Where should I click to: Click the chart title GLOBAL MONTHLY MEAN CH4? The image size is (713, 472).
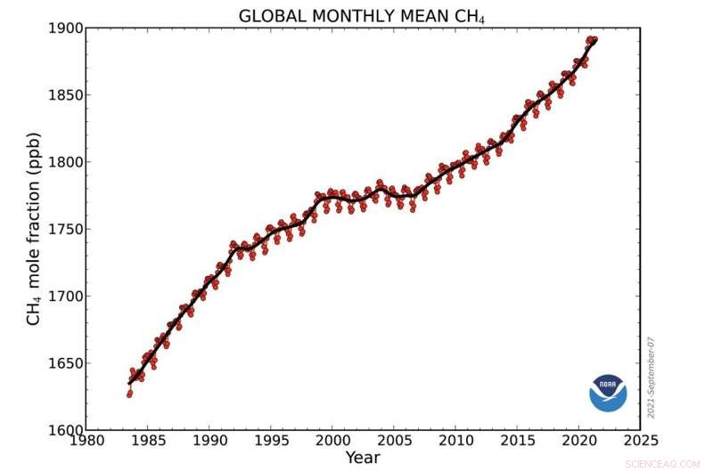pos(362,15)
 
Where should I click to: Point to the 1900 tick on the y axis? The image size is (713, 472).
pos(65,28)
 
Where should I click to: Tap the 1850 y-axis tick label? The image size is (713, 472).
pos(65,95)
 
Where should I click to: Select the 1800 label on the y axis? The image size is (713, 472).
pos(65,162)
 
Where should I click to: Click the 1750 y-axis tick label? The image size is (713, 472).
pos(65,229)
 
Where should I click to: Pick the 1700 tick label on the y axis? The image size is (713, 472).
pos(65,296)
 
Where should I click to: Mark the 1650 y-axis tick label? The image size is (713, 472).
pos(65,362)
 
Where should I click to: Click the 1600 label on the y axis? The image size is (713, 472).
pos(65,429)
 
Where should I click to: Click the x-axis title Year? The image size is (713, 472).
pos(362,459)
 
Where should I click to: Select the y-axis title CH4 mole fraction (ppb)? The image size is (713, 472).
pos(34,229)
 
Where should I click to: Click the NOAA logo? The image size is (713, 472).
pos(608,393)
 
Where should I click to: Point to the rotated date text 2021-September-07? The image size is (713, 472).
pos(652,377)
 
